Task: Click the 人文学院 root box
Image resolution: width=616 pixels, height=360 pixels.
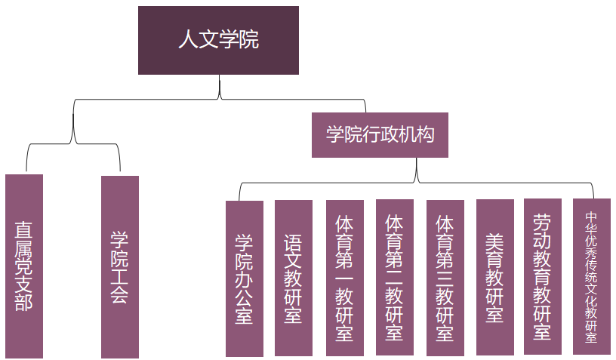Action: [x=218, y=40]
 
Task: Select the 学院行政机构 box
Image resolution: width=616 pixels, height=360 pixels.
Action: [x=380, y=135]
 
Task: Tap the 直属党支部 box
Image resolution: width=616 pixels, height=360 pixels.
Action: [x=24, y=266]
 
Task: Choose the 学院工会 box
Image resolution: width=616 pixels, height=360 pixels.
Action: [x=120, y=266]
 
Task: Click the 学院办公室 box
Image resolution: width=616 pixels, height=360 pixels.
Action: [x=245, y=278]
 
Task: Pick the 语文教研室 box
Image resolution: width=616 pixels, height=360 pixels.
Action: [x=294, y=277]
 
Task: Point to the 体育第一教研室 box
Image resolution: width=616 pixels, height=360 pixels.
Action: [x=345, y=277]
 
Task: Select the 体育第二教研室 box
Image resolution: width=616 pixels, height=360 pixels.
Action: [x=395, y=277]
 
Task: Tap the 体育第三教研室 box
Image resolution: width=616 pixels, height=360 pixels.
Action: [x=445, y=277]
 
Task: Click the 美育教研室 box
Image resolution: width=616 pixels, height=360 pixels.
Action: [x=495, y=277]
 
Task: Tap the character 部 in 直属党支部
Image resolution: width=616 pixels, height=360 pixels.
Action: [x=24, y=302]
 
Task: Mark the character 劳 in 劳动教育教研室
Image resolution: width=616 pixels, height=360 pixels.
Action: [x=543, y=223]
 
